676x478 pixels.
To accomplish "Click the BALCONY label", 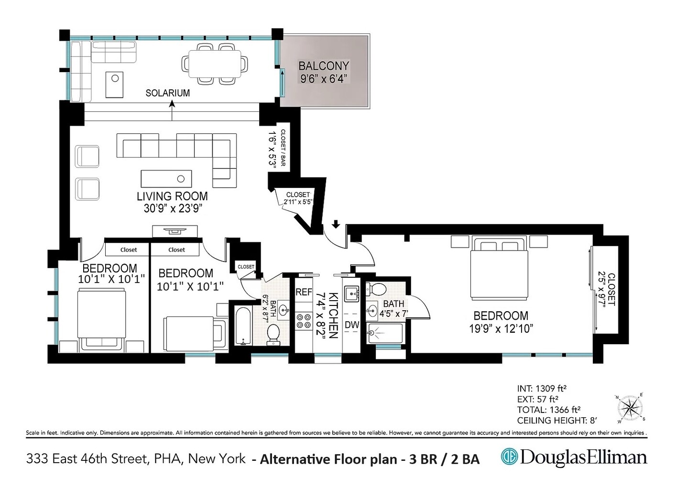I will coord(324,66).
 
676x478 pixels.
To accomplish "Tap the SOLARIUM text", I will coord(167,93).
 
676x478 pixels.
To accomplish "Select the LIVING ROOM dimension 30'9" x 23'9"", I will coord(172,208).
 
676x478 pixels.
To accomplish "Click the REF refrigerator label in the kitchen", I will coord(304,292).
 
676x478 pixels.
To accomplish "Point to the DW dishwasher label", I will coord(352,325).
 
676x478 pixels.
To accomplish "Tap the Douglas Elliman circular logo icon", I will coord(509,457).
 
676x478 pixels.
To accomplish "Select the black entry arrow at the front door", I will coord(336,224).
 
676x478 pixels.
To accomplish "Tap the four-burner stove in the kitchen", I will coord(304,320).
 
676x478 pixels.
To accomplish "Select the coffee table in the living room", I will coord(166,179).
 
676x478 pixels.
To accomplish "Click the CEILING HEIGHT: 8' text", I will coord(557,421).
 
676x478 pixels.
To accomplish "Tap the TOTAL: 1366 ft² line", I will coord(548,410).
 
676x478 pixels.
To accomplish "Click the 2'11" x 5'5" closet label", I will coord(297,198).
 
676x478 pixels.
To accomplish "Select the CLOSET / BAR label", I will coord(283,149).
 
